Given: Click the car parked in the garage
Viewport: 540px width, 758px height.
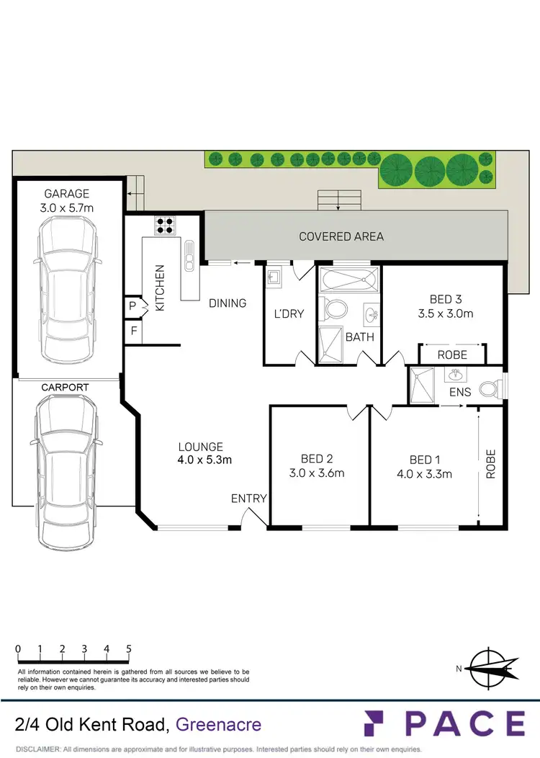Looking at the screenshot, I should (67, 293).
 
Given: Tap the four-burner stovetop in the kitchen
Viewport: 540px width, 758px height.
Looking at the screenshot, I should (164, 226).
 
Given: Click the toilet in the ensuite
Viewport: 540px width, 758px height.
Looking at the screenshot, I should (491, 389).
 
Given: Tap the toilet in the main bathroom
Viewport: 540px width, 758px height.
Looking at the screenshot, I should (335, 310).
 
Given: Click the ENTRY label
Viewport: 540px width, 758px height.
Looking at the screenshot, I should (249, 498).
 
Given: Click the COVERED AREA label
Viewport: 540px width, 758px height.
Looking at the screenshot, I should (341, 236).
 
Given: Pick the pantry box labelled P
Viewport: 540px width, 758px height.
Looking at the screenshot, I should (132, 306).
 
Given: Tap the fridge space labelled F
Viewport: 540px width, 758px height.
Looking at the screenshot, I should (133, 331).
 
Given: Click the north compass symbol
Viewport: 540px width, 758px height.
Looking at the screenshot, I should (493, 667).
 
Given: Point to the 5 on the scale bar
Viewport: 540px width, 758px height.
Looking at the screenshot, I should (129, 648).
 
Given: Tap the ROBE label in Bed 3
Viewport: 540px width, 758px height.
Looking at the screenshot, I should (452, 355).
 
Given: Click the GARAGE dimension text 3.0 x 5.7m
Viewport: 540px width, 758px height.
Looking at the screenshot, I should (67, 208).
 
